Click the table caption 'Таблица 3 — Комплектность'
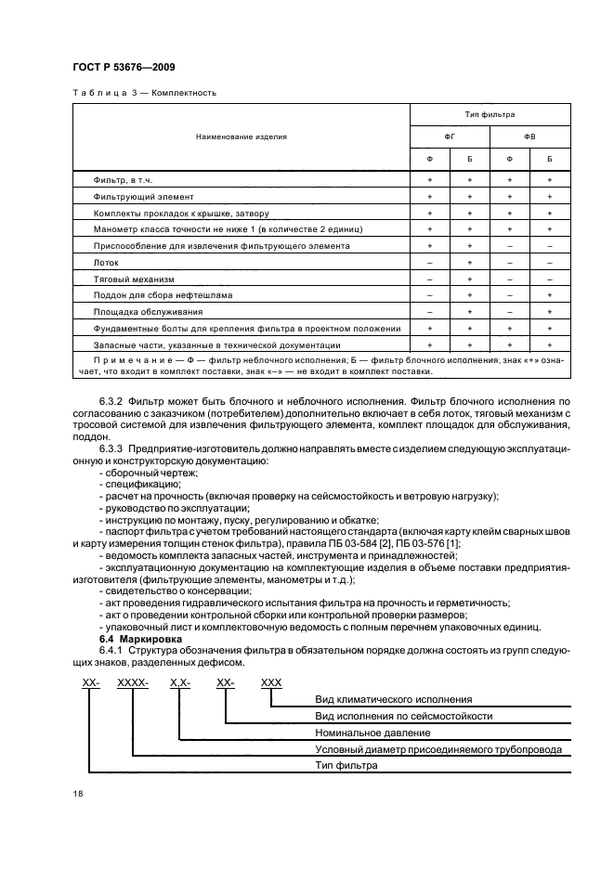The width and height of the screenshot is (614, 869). [x=143, y=92]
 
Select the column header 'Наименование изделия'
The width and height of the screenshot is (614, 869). [x=241, y=136]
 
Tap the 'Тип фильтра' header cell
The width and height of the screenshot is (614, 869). [x=490, y=114]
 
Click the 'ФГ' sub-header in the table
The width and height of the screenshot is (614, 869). [x=450, y=136]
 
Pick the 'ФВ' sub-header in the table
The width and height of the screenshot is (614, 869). [x=529, y=136]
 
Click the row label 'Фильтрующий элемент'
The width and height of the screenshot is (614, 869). [x=143, y=197]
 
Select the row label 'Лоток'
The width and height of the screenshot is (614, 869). [x=107, y=263]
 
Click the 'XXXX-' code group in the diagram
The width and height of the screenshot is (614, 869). [x=133, y=682]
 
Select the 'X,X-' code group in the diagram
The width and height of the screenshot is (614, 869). [x=180, y=682]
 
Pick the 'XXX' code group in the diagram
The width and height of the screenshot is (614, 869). [x=271, y=682]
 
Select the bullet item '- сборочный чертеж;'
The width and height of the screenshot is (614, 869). [x=141, y=473]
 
